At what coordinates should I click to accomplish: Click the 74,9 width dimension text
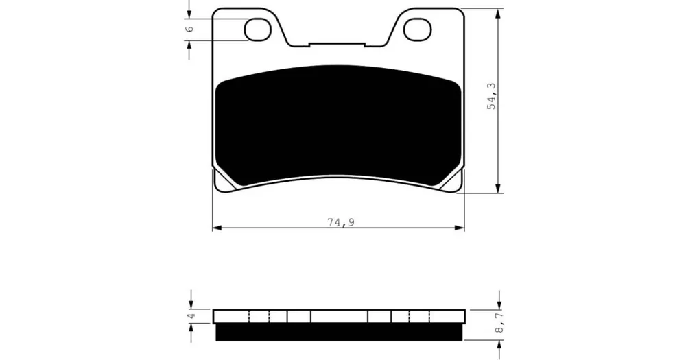point(341,222)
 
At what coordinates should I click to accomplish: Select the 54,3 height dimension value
point(492,96)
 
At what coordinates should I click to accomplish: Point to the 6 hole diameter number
point(189,29)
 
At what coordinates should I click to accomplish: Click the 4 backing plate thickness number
point(190,315)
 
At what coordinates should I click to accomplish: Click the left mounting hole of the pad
point(257,29)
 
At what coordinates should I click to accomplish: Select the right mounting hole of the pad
point(417,29)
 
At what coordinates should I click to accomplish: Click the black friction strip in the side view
point(339,332)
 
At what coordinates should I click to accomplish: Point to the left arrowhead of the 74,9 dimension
point(217,228)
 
